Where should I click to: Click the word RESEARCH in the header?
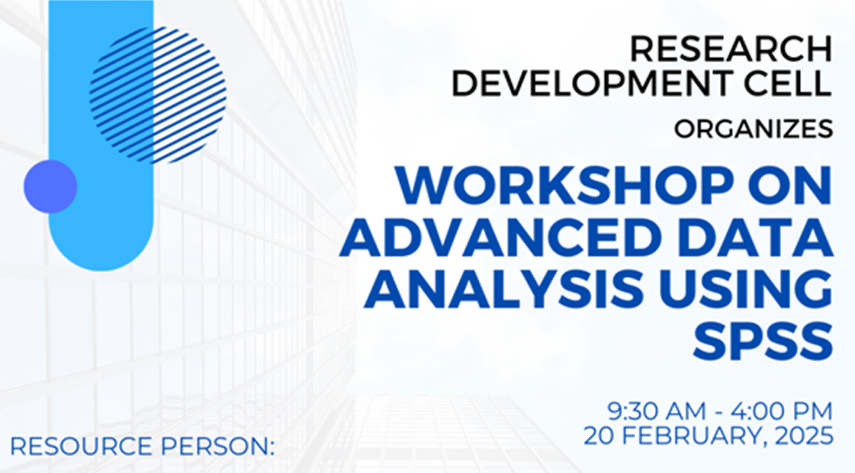[x=731, y=48]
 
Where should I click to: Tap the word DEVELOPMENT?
[x=586, y=83]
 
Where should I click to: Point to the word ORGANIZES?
[x=753, y=129]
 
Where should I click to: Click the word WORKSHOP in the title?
[x=565, y=185]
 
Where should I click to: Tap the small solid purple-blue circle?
[x=50, y=186]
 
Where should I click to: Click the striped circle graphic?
[x=158, y=95]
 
